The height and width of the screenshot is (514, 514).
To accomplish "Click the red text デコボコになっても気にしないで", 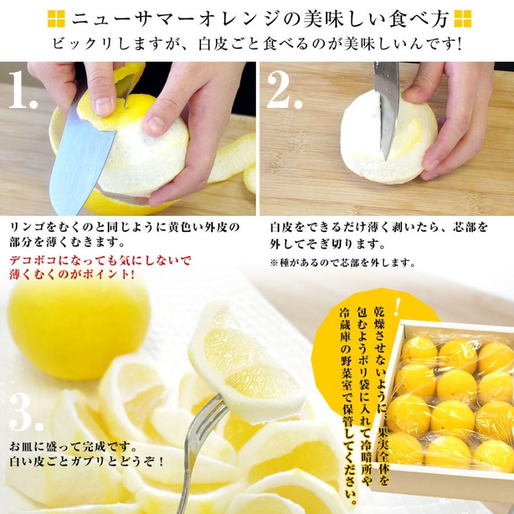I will point(99,261).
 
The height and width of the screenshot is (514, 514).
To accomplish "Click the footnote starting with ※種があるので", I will point(342,263).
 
